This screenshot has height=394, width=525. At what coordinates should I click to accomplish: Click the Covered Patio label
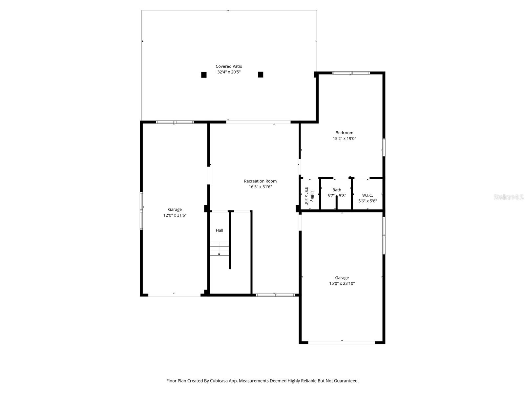pyautogui.click(x=229, y=66)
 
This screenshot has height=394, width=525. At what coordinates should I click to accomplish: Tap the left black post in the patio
pyautogui.click(x=204, y=75)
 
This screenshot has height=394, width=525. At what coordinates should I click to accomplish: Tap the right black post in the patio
pyautogui.click(x=261, y=75)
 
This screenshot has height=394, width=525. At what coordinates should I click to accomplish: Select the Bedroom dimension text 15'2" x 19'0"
pyautogui.click(x=344, y=139)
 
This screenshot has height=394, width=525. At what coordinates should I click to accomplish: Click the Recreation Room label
pyautogui.click(x=260, y=181)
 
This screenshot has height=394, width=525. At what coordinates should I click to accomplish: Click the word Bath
pyautogui.click(x=337, y=190)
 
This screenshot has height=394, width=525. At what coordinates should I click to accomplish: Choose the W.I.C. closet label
pyautogui.click(x=367, y=195)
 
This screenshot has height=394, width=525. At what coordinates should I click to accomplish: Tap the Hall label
pyautogui.click(x=220, y=230)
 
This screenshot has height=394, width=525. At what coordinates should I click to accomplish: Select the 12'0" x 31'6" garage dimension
pyautogui.click(x=175, y=215)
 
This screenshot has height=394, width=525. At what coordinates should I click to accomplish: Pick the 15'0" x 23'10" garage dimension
pyautogui.click(x=342, y=283)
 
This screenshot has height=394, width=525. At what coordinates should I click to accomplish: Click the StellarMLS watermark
pyautogui.click(x=509, y=197)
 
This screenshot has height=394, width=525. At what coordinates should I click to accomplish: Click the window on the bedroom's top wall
pyautogui.click(x=351, y=73)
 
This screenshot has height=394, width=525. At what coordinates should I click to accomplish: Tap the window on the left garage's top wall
pyautogui.click(x=175, y=122)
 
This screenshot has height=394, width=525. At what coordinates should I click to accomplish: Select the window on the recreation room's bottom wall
pyautogui.click(x=275, y=295)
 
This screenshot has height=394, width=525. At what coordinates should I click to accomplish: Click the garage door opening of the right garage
pyautogui.click(x=341, y=342)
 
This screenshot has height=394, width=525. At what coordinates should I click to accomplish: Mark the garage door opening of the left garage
pyautogui.click(x=174, y=295)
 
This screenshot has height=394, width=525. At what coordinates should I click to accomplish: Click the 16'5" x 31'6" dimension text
pyautogui.click(x=260, y=187)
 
